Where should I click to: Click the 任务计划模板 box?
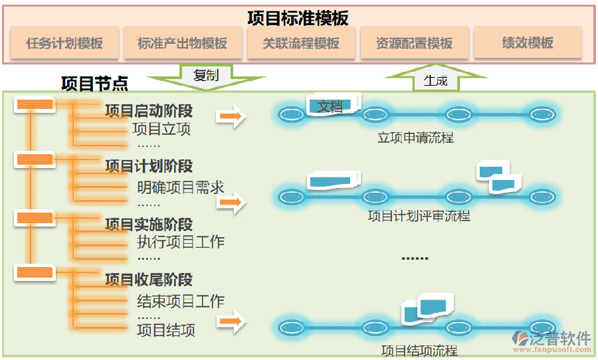pyautogui.click(x=64, y=43)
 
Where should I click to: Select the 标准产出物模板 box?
pyautogui.click(x=182, y=43)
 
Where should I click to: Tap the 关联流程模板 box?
pyautogui.click(x=300, y=43)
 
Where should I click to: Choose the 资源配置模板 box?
pyautogui.click(x=414, y=43)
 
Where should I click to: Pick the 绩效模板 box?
pyautogui.click(x=528, y=43)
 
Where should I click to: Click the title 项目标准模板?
pyautogui.click(x=298, y=17)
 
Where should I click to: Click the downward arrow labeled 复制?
pyautogui.click(x=205, y=76)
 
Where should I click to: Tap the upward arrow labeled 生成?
pyautogui.click(x=436, y=80)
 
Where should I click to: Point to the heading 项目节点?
pyautogui.click(x=94, y=83)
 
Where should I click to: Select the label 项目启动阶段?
pyautogui.click(x=149, y=110)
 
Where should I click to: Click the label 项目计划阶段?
pyautogui.click(x=149, y=166)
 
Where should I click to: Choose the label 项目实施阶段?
pyautogui.click(x=149, y=224)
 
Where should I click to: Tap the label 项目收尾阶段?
pyautogui.click(x=149, y=280)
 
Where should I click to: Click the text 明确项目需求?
pyautogui.click(x=181, y=187)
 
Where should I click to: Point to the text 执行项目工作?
pyautogui.click(x=181, y=242)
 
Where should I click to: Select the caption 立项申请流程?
pyautogui.click(x=415, y=137)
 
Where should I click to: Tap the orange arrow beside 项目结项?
pyautogui.click(x=231, y=323)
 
